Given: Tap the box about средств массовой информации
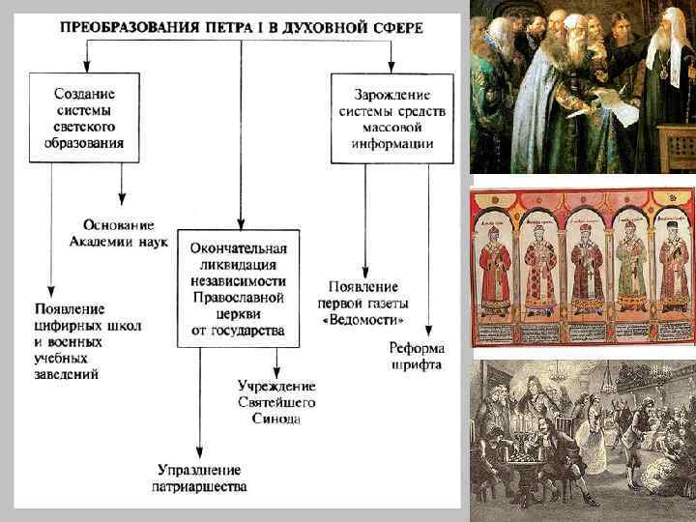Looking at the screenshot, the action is (391, 118).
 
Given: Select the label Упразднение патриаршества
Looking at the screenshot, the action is (200, 478).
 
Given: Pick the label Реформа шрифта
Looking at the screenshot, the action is (416, 356).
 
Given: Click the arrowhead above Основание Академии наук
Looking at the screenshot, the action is (122, 197).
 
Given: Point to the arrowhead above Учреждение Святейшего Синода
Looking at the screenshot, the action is (276, 375).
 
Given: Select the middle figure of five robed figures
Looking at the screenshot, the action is (584, 267).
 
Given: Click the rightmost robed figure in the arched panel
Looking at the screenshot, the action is (673, 267).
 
